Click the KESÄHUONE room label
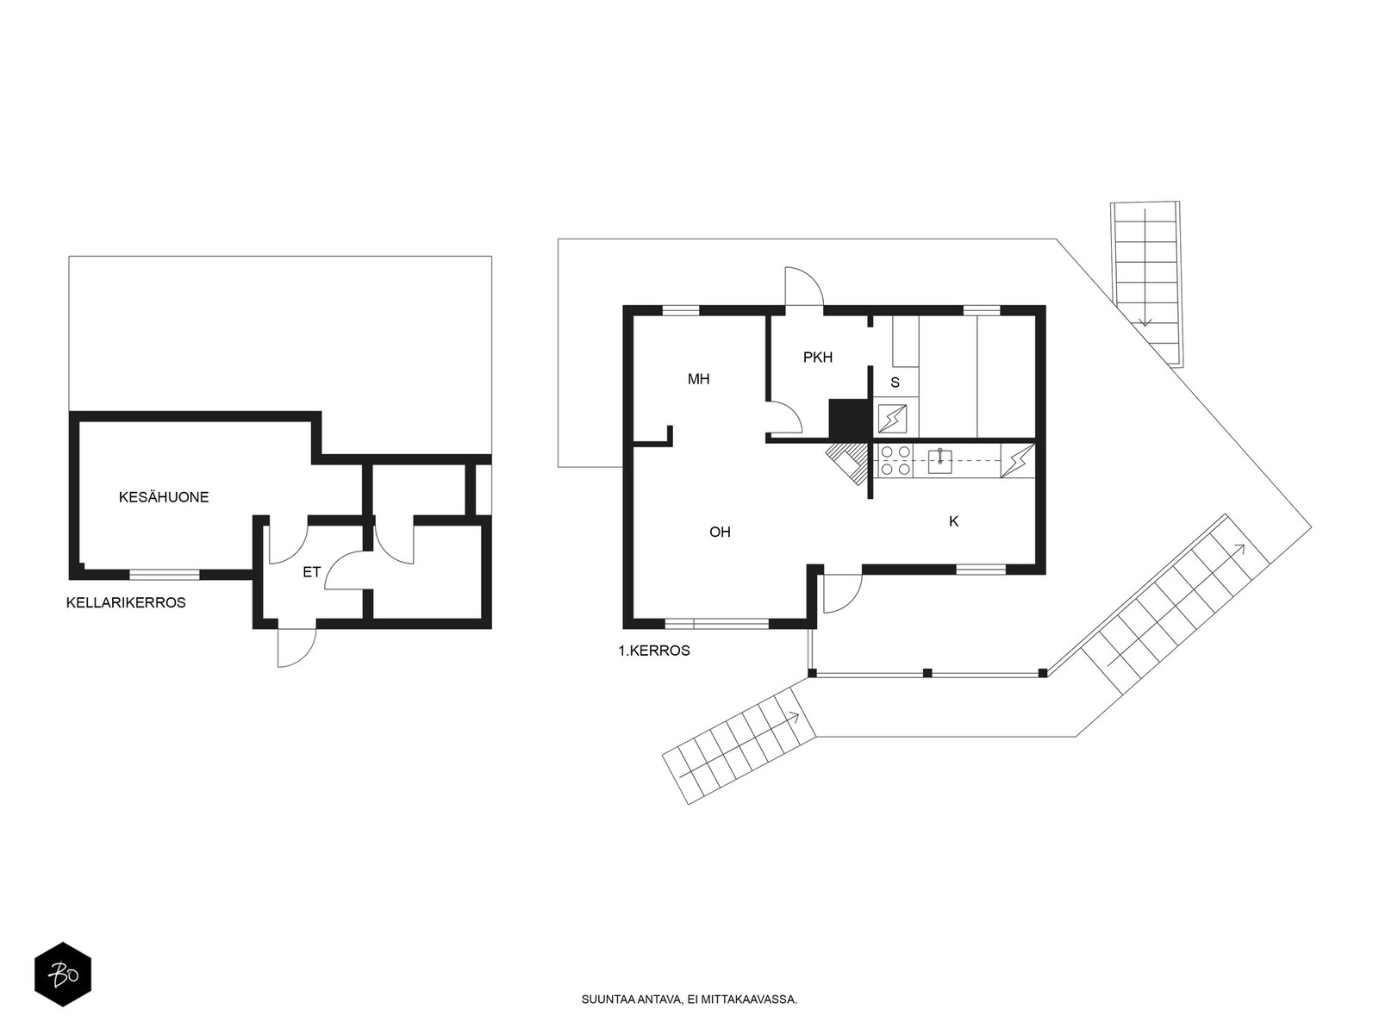164,497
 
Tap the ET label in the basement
312,572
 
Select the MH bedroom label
699,379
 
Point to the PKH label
818,358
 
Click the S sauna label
895,383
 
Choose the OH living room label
720,533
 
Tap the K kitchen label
954,521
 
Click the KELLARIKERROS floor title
126,602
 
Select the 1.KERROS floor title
654,651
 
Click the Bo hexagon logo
63,975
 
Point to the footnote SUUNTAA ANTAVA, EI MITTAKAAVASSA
689,1000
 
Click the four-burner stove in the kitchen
895,460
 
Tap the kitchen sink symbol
939,460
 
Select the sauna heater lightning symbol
892,419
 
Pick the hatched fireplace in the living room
845,464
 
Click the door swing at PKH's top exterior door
804,286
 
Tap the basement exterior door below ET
296,646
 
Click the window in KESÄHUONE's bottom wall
165,574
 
